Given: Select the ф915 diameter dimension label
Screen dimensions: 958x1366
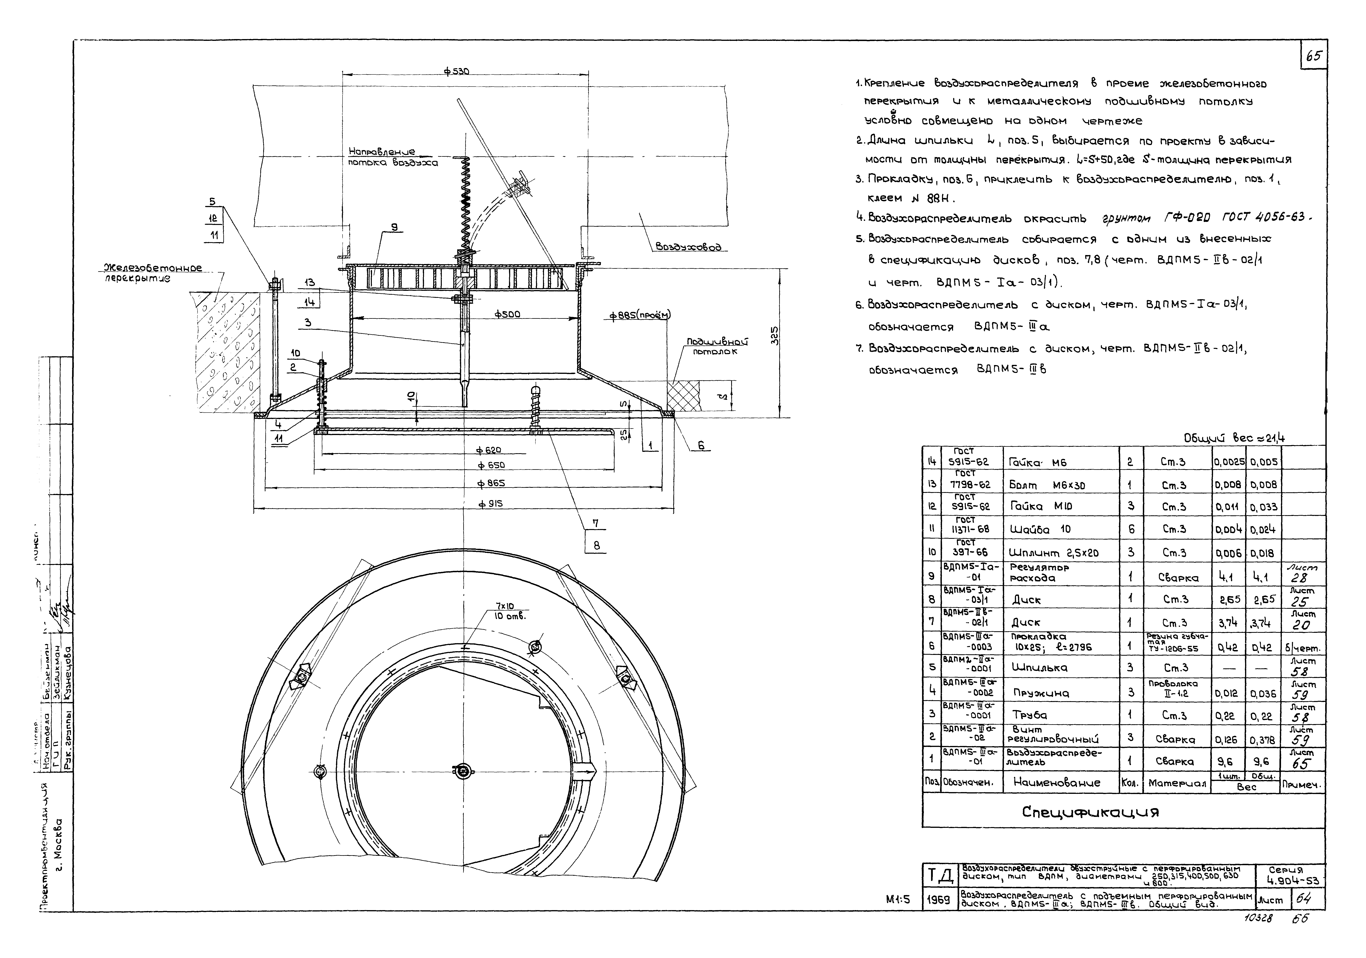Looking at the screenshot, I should tap(491, 503).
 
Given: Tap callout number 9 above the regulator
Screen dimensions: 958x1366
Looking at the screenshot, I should tap(393, 227).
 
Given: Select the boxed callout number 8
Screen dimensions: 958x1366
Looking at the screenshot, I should tap(596, 545).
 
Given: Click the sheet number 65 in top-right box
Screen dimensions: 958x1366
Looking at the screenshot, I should tap(1314, 56).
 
